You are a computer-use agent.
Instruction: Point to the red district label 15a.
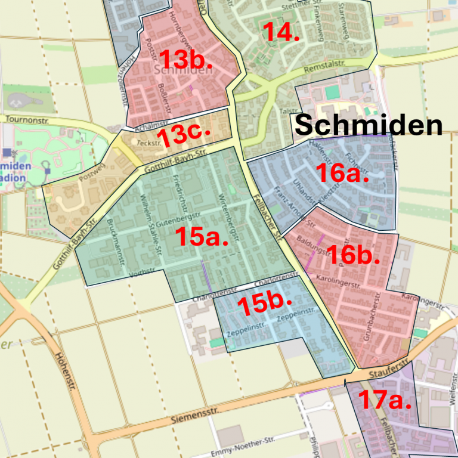click(x=202, y=237)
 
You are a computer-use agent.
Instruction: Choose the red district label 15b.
click(x=264, y=305)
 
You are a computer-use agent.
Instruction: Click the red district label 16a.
click(x=342, y=174)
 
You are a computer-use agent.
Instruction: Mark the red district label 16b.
click(x=353, y=255)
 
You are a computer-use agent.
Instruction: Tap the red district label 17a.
click(x=385, y=400)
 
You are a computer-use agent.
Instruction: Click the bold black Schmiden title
click(x=369, y=126)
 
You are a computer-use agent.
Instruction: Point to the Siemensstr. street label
click(x=194, y=415)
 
